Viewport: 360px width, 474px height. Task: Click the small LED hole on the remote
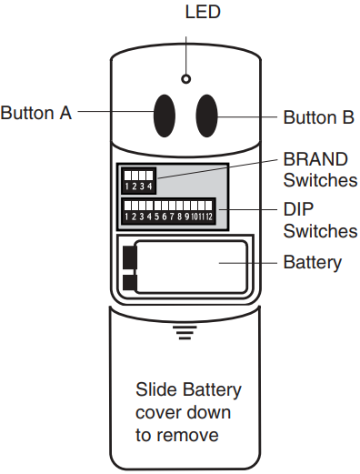185,79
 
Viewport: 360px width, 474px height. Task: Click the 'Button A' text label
36,113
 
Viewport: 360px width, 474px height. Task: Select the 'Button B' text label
318,117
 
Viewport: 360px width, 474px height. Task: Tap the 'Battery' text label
313,263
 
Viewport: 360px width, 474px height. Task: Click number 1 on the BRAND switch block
128,187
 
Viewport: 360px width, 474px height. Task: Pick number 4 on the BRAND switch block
149,187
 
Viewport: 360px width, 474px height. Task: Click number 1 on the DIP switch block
128,217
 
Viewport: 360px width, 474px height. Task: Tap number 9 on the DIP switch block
183,217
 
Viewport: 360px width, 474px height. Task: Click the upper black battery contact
128,258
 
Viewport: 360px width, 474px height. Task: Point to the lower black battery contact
128,284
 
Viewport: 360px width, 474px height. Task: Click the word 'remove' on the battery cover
191,436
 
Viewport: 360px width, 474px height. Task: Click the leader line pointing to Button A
114,113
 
